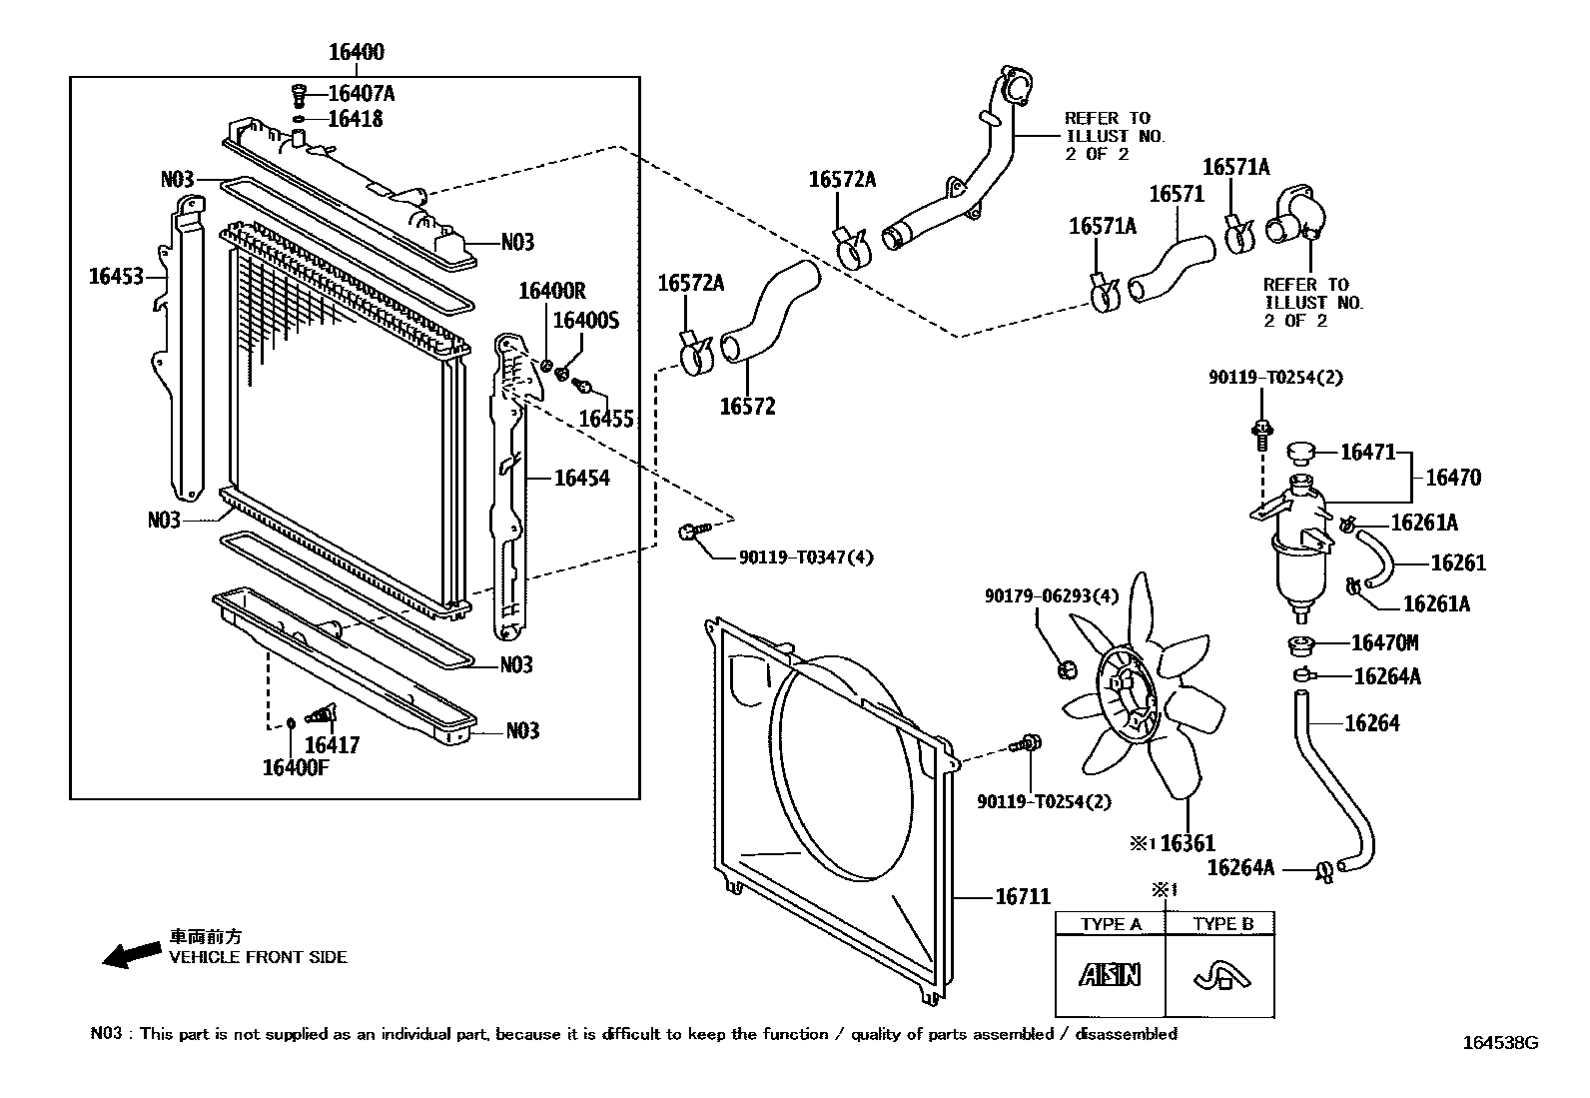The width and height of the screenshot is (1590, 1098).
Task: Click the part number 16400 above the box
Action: [x=356, y=52]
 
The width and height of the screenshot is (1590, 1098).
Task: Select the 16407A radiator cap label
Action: [x=361, y=94]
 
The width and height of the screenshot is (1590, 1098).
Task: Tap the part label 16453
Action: [x=116, y=277]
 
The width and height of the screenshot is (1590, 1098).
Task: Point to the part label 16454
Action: [x=581, y=479]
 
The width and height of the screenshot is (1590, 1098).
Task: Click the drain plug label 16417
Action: [x=332, y=744]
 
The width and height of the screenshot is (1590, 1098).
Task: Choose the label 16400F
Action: [x=297, y=767]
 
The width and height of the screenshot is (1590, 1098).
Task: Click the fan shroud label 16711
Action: [x=1022, y=898]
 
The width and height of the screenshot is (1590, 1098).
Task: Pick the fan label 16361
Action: [x=1187, y=843]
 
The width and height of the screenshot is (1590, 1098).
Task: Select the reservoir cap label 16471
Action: [x=1367, y=453]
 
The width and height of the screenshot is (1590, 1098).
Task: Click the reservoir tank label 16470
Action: [x=1452, y=478]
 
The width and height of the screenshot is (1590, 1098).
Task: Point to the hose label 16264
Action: [x=1371, y=722]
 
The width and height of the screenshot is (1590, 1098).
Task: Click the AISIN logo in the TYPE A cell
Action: [x=1109, y=974]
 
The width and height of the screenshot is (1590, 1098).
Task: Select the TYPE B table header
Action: [x=1222, y=924]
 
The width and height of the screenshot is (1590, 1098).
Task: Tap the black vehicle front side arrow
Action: [x=131, y=955]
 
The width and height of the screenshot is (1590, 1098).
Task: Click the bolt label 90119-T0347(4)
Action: [x=805, y=557]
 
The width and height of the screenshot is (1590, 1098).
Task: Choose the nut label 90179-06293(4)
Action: [x=1051, y=596]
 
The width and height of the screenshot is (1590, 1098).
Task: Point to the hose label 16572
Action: [x=747, y=407]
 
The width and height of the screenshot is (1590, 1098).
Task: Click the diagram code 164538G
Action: [x=1500, y=1043]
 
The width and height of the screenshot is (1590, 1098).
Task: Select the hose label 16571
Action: [x=1177, y=194]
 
